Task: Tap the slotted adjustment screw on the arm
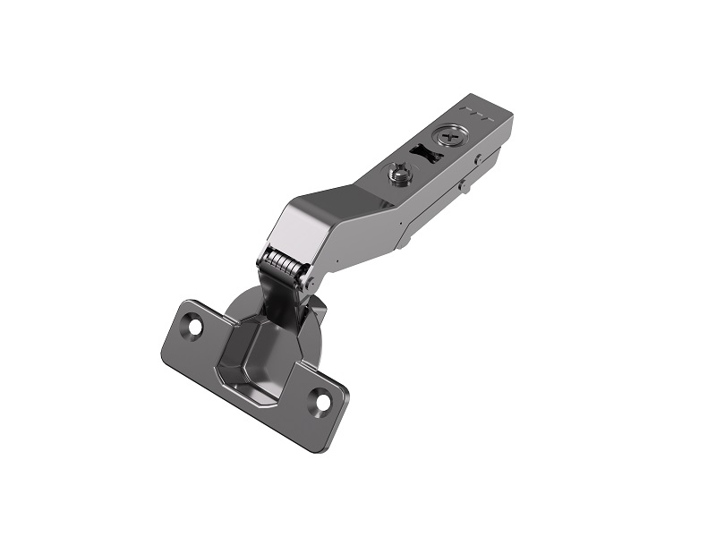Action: click(x=400, y=173)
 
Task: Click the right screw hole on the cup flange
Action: click(x=320, y=402)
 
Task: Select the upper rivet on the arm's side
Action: click(x=479, y=160)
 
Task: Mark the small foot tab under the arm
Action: click(x=402, y=239)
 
